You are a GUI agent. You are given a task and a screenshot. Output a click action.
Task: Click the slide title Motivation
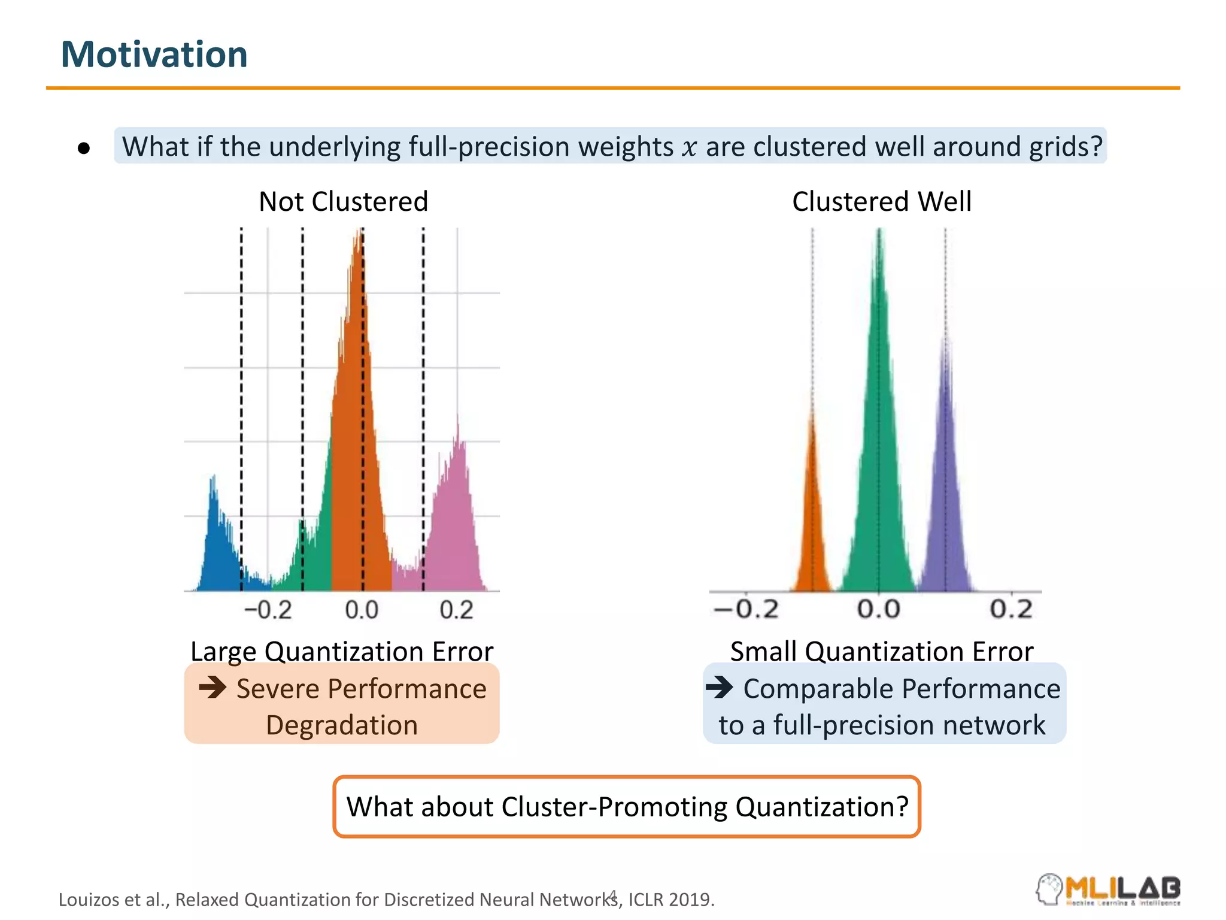click(x=154, y=55)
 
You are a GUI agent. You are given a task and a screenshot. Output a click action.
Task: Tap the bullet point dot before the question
click(x=84, y=148)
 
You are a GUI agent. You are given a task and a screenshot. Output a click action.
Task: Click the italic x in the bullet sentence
click(x=689, y=147)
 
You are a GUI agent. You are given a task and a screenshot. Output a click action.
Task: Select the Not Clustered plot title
click(x=343, y=201)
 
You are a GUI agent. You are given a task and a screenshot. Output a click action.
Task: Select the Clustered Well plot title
click(x=881, y=201)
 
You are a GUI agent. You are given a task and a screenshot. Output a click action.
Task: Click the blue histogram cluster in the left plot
click(x=219, y=551)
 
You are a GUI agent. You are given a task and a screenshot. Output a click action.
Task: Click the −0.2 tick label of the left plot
click(x=268, y=610)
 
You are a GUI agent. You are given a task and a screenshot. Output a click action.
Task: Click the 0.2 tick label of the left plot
click(x=456, y=610)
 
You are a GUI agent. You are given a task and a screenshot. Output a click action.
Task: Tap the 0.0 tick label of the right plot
click(x=878, y=609)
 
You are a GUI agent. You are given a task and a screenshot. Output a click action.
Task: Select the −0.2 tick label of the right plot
click(x=746, y=609)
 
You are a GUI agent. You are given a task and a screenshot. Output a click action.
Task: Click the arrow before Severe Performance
click(x=213, y=687)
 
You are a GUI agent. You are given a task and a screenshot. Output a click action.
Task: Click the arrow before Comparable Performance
click(x=719, y=687)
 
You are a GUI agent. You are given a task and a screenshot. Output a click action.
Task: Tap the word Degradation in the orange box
click(x=341, y=725)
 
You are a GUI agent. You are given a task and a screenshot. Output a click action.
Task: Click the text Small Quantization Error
click(x=881, y=651)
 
